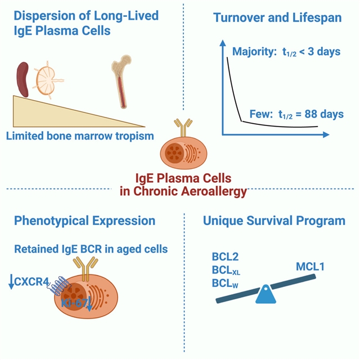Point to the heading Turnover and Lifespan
(x=277, y=18)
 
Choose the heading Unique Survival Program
(x=274, y=220)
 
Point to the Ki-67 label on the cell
(x=73, y=304)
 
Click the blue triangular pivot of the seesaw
(x=266, y=295)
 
